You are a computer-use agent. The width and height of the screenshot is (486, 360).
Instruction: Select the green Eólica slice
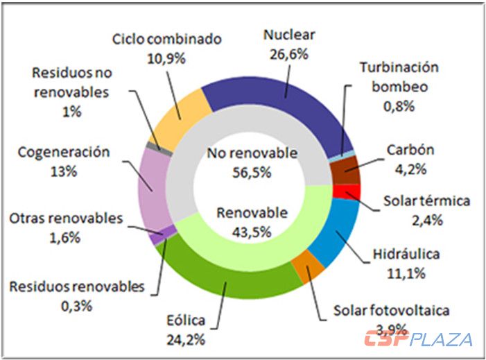(x=229, y=277)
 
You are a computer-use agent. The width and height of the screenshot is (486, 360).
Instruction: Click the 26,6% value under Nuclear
(x=290, y=52)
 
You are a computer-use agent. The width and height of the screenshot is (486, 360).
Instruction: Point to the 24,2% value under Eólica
(x=185, y=338)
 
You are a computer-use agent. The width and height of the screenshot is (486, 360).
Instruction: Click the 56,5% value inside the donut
(x=252, y=171)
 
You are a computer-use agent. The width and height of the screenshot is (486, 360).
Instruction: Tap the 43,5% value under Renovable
(x=251, y=232)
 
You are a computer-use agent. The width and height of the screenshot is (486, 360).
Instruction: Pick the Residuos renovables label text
(x=77, y=286)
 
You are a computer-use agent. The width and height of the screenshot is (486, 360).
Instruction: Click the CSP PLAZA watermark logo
(x=419, y=339)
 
